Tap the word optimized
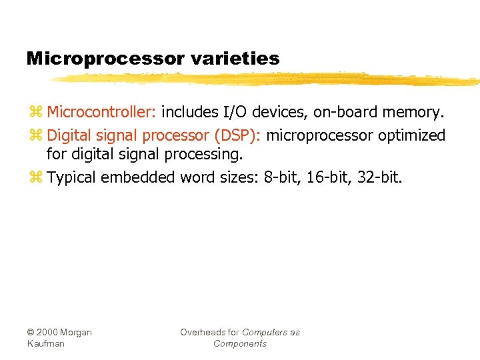click(x=412, y=136)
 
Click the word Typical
click(x=71, y=178)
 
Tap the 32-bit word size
click(x=379, y=178)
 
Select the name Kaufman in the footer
click(x=46, y=344)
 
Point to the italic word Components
click(x=240, y=344)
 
